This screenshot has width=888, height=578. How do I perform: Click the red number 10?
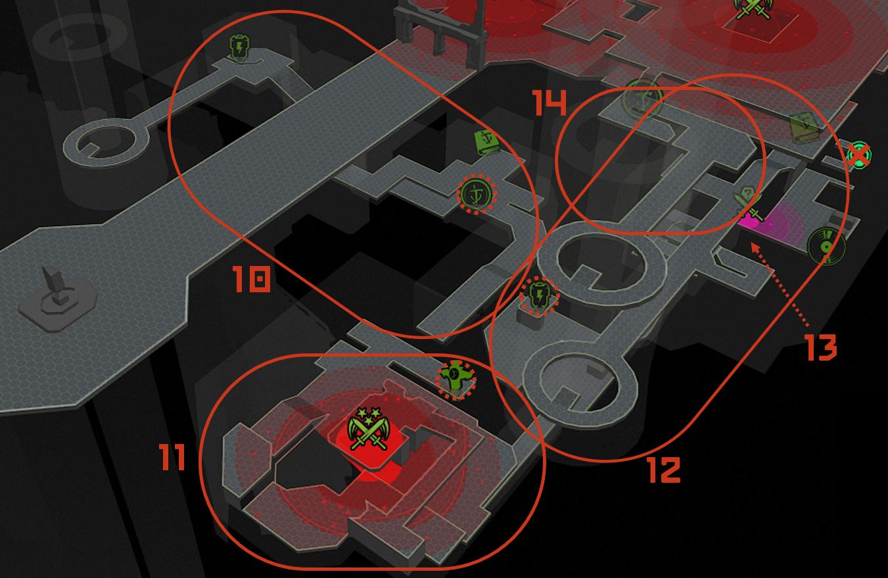252,279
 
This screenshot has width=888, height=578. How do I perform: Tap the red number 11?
172,456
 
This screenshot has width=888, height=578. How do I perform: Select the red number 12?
664,470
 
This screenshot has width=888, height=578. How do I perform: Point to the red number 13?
822,347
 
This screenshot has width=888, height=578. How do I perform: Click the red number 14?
549,102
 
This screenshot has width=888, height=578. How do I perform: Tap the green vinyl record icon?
827,246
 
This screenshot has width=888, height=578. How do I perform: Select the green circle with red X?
858,155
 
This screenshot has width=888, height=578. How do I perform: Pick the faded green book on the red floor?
803,128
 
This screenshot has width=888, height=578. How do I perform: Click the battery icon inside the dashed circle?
539,296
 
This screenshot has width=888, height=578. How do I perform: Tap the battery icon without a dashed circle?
239,49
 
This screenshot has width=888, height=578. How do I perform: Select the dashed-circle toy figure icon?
456,380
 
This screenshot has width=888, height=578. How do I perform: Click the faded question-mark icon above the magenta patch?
747,202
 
